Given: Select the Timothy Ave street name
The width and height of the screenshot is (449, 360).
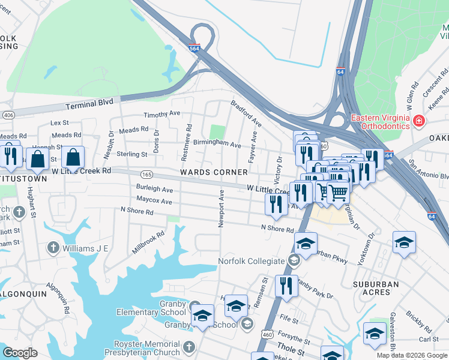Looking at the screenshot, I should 161,113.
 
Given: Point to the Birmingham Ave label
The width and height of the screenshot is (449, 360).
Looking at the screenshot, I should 217,145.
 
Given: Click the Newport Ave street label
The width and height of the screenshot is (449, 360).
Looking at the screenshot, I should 221,209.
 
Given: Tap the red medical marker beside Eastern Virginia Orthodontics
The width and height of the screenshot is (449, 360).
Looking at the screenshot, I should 419,122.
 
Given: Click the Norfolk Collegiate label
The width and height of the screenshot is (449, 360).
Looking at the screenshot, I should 251,261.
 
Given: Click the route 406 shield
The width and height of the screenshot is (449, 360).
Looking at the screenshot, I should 8,115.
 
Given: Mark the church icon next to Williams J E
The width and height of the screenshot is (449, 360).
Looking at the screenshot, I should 53,247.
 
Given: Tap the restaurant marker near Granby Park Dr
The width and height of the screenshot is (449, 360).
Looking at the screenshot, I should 286,286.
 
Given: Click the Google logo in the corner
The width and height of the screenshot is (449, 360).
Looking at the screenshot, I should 20,353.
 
